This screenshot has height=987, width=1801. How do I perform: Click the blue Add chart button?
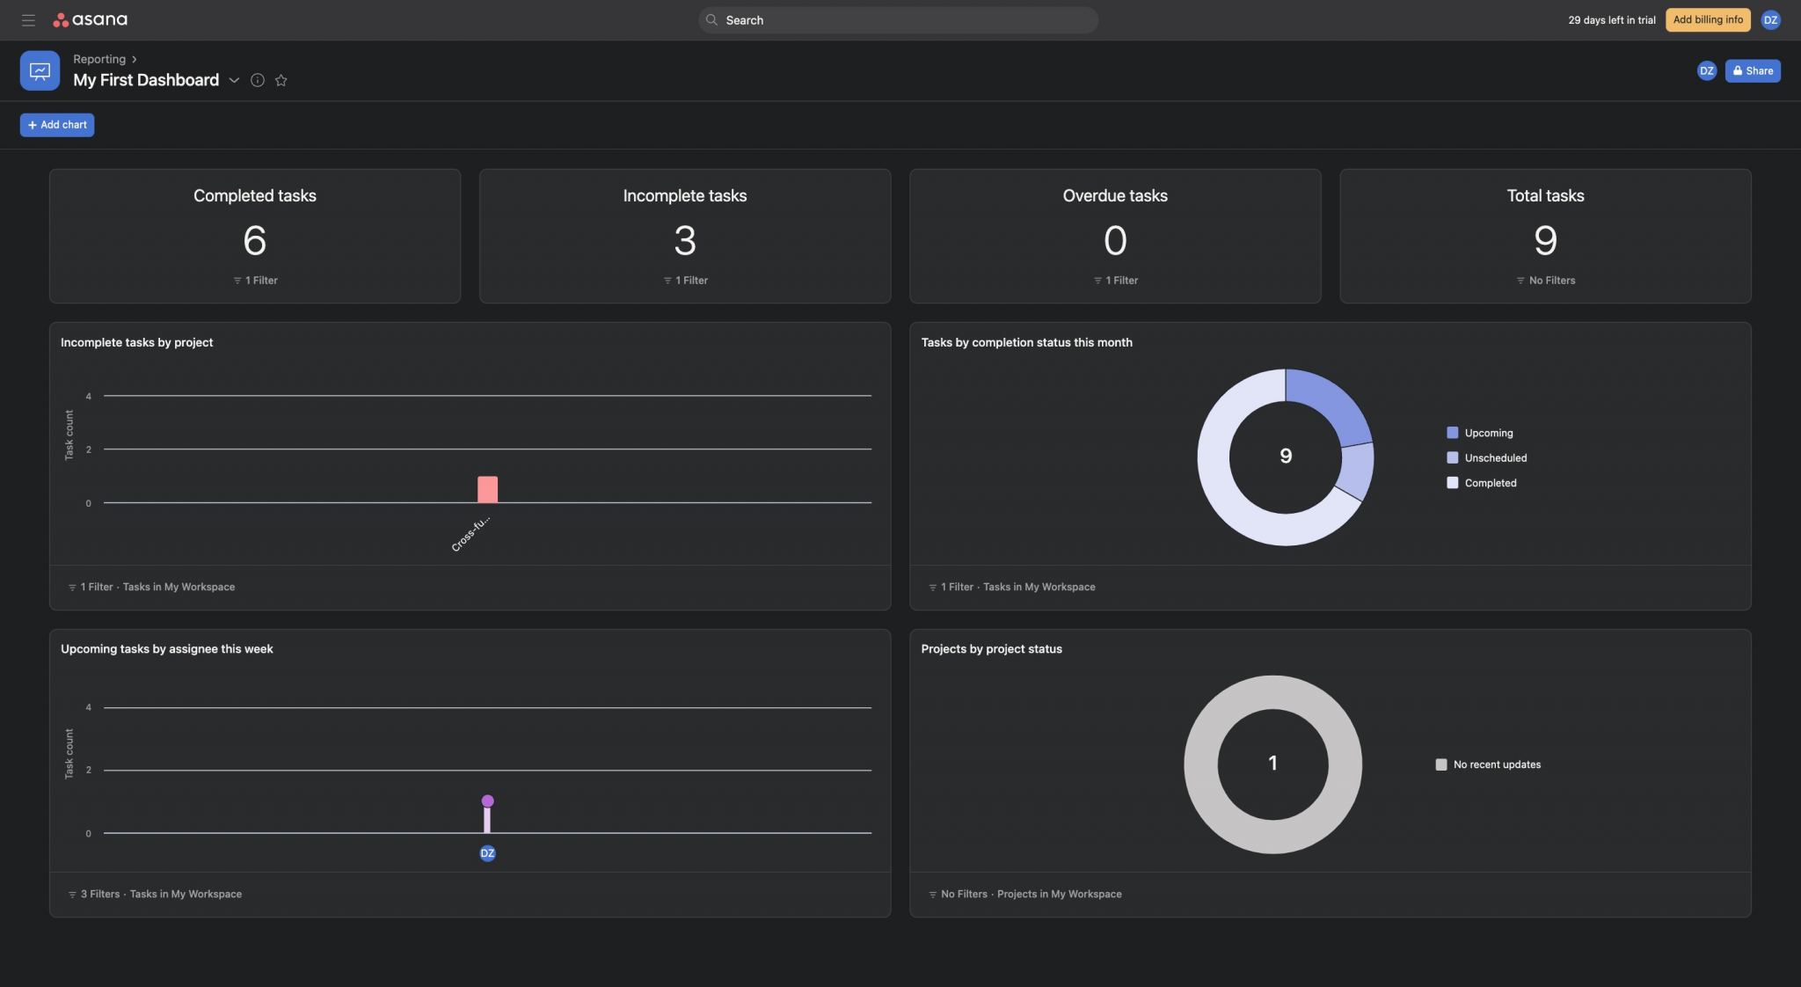(57, 125)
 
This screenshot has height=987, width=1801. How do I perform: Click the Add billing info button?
(1707, 19)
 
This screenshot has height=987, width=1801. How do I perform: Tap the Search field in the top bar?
(897, 19)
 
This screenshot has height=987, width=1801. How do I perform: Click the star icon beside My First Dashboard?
(281, 80)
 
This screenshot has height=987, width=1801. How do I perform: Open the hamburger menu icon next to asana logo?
(28, 19)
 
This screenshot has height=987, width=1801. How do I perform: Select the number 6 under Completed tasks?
(255, 240)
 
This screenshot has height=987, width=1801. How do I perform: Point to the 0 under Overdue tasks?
(1114, 240)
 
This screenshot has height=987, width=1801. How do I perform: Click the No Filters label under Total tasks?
(1550, 281)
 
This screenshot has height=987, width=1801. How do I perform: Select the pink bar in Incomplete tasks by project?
(487, 489)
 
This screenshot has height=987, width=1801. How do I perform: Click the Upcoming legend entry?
(1488, 433)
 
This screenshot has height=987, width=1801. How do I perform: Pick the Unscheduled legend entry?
(1495, 457)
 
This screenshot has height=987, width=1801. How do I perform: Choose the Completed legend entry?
(1490, 483)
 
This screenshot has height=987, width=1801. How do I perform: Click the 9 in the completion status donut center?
(1286, 456)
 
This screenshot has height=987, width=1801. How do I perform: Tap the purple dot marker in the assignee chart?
(487, 801)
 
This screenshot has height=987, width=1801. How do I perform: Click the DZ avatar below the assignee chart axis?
(487, 853)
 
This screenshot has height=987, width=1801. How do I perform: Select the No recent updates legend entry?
(1496, 764)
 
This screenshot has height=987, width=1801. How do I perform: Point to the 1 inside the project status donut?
(1272, 763)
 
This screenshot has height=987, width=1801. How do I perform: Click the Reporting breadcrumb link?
(99, 59)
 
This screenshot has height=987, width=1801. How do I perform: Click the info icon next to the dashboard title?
(258, 80)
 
